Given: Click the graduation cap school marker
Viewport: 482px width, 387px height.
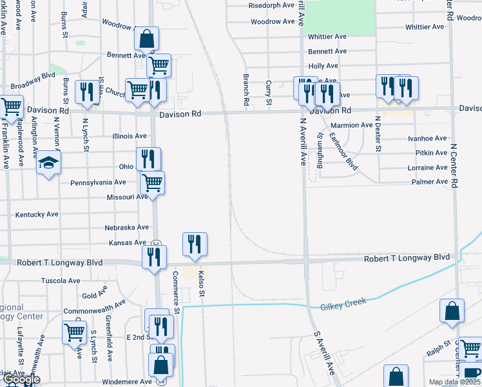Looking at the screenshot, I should click(48, 163).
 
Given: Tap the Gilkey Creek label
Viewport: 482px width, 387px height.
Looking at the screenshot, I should click(343, 303).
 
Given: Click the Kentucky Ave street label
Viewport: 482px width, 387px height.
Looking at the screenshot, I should click(37, 214).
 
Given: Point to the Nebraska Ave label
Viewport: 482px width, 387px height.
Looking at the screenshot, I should click(127, 228).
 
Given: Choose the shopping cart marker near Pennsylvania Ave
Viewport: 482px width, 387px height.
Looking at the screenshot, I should click(152, 183).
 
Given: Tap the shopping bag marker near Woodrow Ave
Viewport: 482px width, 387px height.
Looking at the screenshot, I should click(147, 39).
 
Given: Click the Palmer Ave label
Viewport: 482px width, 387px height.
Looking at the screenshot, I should click(429, 183).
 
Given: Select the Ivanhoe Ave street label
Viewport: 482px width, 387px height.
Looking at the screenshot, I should click(427, 139).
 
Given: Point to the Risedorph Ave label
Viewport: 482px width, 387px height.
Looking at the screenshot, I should click(271, 6).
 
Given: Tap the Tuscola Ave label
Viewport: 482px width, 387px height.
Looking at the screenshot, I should click(61, 281).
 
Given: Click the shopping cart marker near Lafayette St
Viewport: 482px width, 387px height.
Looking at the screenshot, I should click(75, 332).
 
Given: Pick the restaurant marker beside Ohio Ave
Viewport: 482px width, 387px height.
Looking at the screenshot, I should click(148, 159).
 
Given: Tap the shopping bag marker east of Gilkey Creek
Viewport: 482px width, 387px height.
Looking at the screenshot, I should click(452, 310).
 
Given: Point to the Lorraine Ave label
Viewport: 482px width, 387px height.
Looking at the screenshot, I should click(427, 168).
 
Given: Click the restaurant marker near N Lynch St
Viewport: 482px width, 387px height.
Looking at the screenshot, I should click(86, 92).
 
